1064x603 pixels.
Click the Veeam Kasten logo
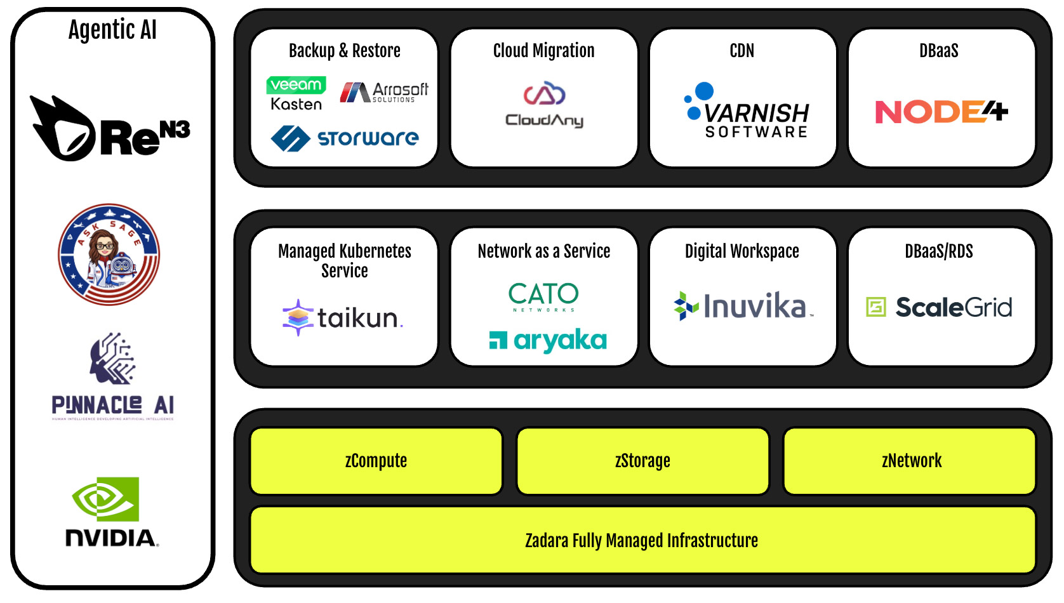(296, 93)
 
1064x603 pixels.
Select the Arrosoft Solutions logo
(384, 93)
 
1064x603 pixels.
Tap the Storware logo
(345, 138)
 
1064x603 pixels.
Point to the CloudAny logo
(544, 105)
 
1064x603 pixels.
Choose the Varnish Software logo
(747, 111)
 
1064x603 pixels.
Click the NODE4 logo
(941, 112)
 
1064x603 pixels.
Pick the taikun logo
(343, 317)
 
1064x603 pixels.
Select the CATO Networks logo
(543, 296)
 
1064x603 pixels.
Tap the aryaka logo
(548, 341)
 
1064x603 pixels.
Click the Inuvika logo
(743, 307)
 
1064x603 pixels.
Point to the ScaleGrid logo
(940, 307)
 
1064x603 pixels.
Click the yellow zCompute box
(376, 461)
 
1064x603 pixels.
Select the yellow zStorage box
(642, 461)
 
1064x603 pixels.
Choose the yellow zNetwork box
(910, 461)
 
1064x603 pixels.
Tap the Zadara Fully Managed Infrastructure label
(642, 541)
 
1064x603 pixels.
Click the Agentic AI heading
(112, 30)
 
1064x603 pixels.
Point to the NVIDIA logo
(112, 512)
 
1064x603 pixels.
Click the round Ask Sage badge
(109, 255)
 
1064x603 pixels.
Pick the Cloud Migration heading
(544, 51)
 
